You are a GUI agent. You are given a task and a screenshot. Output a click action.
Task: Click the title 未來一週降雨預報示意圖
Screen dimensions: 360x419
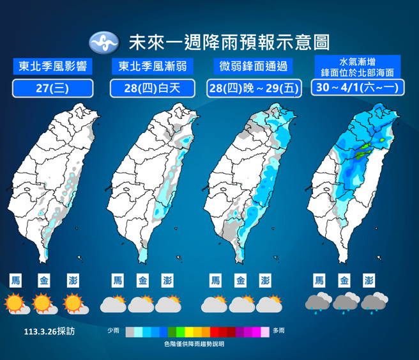click(229, 43)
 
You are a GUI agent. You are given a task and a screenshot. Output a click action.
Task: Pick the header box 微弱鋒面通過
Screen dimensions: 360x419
click(253, 66)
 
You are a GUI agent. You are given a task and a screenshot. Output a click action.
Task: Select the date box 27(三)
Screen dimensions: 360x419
click(52, 88)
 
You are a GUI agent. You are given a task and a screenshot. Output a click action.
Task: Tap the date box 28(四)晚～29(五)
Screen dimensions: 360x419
click(254, 88)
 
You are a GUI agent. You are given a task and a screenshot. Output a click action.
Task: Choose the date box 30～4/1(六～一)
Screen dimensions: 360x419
click(357, 87)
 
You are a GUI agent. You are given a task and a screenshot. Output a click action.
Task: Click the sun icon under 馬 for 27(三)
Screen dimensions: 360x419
click(15, 303)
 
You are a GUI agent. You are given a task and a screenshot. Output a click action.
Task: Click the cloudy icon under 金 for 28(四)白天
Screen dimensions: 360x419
click(141, 304)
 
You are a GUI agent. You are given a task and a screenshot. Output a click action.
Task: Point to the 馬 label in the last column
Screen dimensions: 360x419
click(319, 281)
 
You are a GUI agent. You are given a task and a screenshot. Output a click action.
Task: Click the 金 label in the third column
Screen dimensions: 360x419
click(240, 281)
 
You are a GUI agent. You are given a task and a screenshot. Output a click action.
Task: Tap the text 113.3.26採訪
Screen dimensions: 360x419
click(49, 332)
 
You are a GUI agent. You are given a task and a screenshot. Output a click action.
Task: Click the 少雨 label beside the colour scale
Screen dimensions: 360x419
click(114, 331)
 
